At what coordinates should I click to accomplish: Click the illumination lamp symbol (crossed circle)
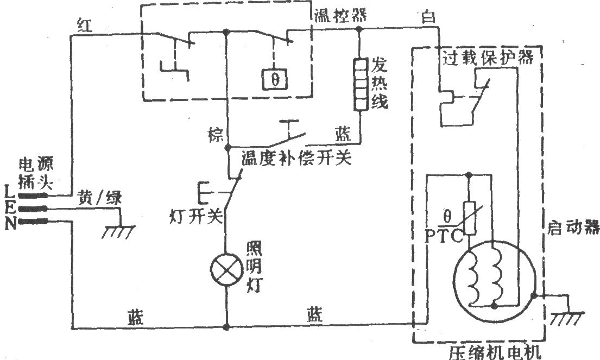click(x=226, y=270)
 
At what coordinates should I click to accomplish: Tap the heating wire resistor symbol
click(x=359, y=84)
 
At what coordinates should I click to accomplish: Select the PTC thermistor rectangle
click(x=470, y=218)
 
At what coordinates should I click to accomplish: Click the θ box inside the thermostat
click(x=275, y=80)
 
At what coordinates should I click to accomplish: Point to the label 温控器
click(x=340, y=15)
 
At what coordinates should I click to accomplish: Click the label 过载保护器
click(x=488, y=58)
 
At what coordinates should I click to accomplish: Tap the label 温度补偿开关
click(x=296, y=157)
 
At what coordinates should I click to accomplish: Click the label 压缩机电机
click(x=495, y=352)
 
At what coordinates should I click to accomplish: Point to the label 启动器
click(x=573, y=228)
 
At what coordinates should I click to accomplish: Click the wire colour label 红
click(x=85, y=26)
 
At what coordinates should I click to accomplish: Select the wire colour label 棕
click(x=215, y=134)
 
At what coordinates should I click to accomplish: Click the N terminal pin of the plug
click(x=33, y=221)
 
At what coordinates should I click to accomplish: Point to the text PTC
click(x=444, y=236)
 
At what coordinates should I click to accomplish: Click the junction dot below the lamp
click(x=226, y=327)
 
